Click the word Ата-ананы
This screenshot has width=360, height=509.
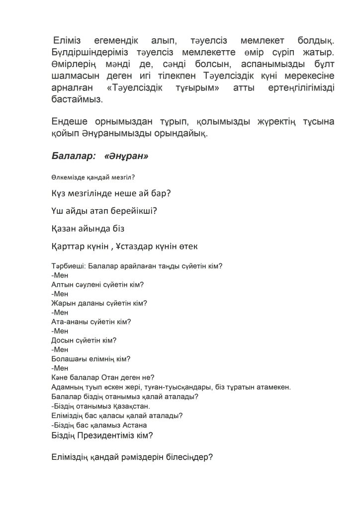(69, 322)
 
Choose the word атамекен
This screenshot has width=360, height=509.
(272, 387)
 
